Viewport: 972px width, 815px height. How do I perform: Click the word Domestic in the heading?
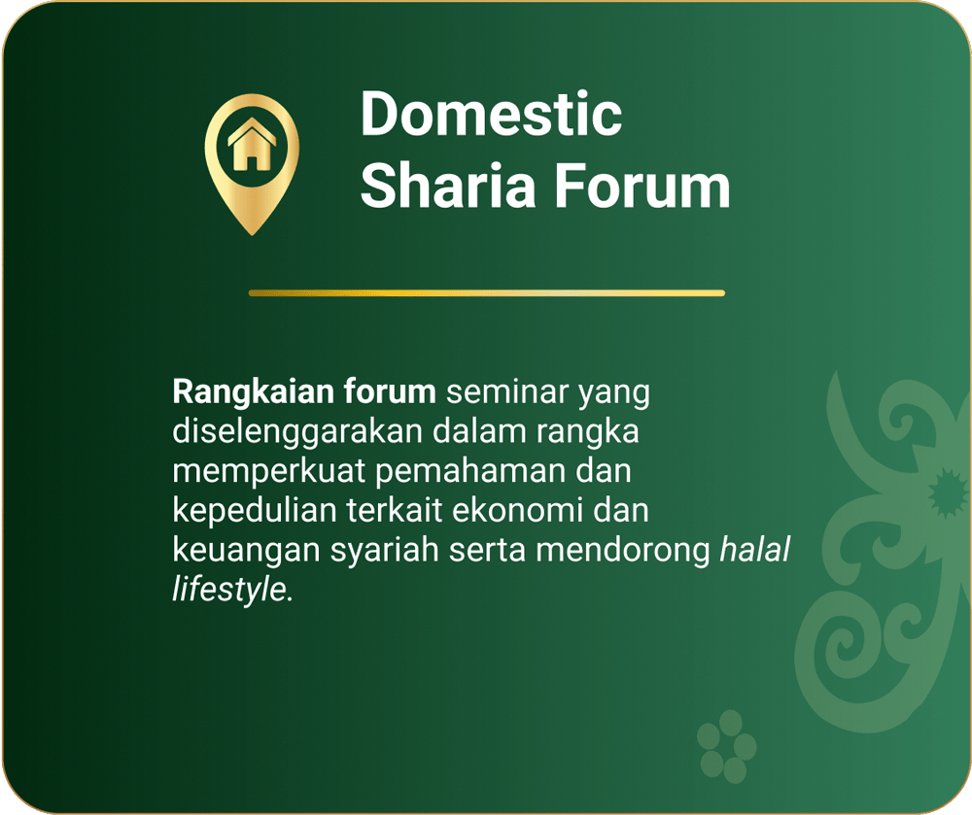pyautogui.click(x=491, y=114)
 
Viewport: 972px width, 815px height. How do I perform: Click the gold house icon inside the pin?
pyautogui.click(x=251, y=144)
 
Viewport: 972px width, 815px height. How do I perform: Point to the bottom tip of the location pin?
pyautogui.click(x=252, y=235)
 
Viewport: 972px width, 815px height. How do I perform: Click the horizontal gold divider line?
pyautogui.click(x=487, y=293)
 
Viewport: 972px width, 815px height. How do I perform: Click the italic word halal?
pyautogui.click(x=755, y=550)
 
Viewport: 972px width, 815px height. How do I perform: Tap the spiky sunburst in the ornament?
pyautogui.click(x=947, y=493)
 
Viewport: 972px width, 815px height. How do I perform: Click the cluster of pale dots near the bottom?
pyautogui.click(x=726, y=746)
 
